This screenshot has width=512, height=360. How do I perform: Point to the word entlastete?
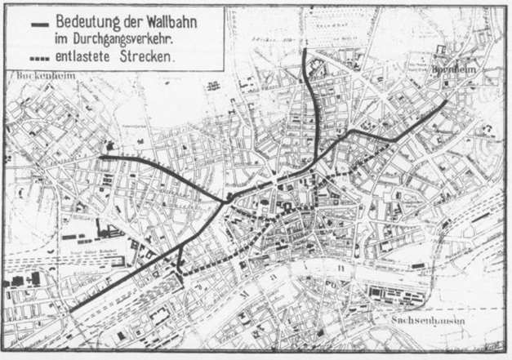(x=87, y=58)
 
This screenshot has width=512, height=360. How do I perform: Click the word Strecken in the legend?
(x=147, y=58)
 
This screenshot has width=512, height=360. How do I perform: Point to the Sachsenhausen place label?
(x=424, y=320)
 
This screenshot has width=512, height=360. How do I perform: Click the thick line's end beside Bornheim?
(x=446, y=102)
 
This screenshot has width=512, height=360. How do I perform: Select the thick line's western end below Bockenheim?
(x=101, y=156)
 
